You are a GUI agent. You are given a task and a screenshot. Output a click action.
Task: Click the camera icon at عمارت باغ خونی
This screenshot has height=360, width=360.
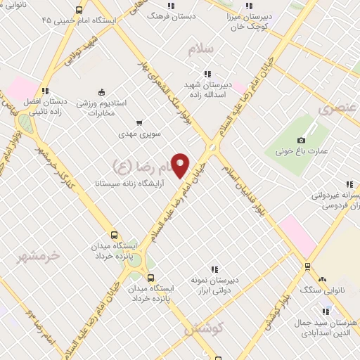[x=302, y=141]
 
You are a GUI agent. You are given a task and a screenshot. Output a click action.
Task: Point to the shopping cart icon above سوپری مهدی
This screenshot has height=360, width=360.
[x=139, y=122]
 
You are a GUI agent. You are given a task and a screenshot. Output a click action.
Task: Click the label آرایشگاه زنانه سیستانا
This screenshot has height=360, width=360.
[x=129, y=183]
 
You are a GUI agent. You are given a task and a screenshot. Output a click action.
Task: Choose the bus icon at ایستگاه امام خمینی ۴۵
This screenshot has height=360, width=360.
[x=79, y=11]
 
